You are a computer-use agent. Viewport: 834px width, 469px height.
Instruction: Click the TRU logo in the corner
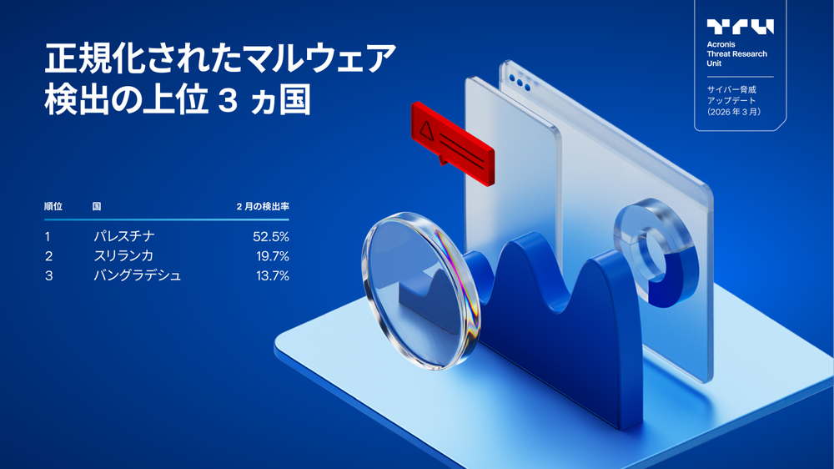click(740, 27)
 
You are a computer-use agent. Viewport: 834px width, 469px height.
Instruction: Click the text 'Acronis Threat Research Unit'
click(737, 54)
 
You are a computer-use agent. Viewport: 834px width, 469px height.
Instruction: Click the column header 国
click(97, 205)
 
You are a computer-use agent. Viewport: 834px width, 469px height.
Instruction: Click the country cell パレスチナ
click(124, 236)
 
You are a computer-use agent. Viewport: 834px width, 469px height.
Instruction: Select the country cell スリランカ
click(123, 255)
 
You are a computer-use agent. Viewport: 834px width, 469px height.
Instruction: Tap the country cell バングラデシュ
click(137, 275)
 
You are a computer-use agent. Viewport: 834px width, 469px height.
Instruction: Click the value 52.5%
click(271, 236)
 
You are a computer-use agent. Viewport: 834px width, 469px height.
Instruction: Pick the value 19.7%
click(272, 255)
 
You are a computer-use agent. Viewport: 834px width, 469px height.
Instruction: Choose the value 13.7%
click(272, 275)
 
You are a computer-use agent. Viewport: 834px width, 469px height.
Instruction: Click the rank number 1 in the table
click(48, 236)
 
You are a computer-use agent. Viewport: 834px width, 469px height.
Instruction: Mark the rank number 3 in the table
click(48, 275)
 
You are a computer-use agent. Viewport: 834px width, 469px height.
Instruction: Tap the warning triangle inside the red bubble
click(427, 129)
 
